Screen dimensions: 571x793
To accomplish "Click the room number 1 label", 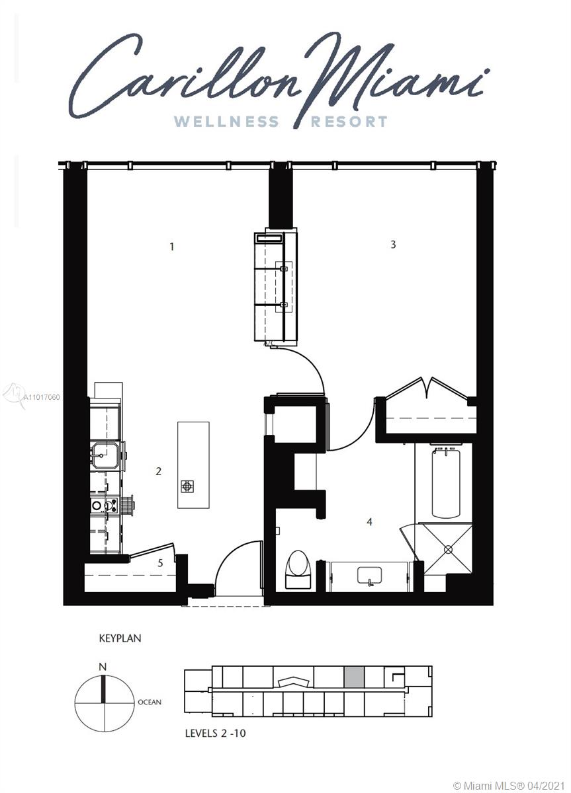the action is [172, 246].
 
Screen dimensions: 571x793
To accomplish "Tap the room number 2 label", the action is [158, 471].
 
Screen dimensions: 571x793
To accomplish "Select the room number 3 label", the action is [393, 245].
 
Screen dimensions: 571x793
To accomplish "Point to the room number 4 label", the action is [369, 522].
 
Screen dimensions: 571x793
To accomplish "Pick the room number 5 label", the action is [160, 562].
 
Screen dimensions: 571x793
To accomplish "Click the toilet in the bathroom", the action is [298, 569].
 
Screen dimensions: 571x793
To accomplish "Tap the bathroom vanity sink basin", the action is [370, 576].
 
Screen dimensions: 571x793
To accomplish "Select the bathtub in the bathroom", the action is [446, 483].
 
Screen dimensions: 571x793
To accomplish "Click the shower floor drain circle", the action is [448, 549].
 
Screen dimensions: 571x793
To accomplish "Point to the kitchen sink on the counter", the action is [104, 455].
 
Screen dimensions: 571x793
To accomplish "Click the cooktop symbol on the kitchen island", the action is [187, 486].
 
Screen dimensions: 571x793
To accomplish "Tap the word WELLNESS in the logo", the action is [226, 122].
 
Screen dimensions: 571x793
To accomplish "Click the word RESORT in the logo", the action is [349, 122].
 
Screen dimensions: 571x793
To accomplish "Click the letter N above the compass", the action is [103, 667].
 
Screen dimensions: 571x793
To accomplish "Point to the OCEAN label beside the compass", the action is [150, 702].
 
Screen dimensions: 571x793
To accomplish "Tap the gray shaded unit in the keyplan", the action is [354, 677].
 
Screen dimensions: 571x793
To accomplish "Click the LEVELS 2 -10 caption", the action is [215, 733].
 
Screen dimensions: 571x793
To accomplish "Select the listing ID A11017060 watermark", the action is [41, 397].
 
